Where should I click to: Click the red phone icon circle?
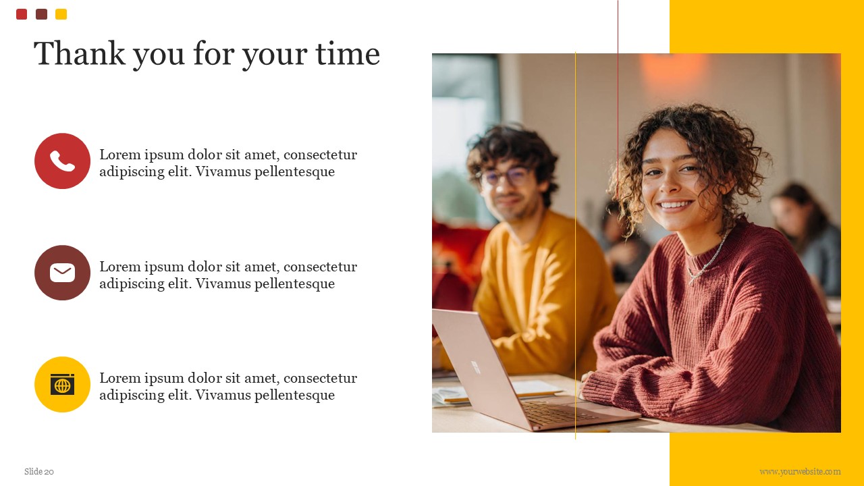point(62,161)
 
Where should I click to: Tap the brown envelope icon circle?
point(62,273)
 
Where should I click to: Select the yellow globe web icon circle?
point(62,384)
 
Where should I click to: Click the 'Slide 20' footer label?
point(39,472)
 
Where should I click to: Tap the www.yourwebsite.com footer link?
point(800,472)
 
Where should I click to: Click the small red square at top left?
point(22,14)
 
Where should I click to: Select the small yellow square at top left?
point(61,14)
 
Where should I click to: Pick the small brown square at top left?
point(41,14)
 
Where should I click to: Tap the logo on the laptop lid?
point(476,367)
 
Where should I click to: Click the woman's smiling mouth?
point(675,204)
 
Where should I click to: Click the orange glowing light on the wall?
point(673,67)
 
